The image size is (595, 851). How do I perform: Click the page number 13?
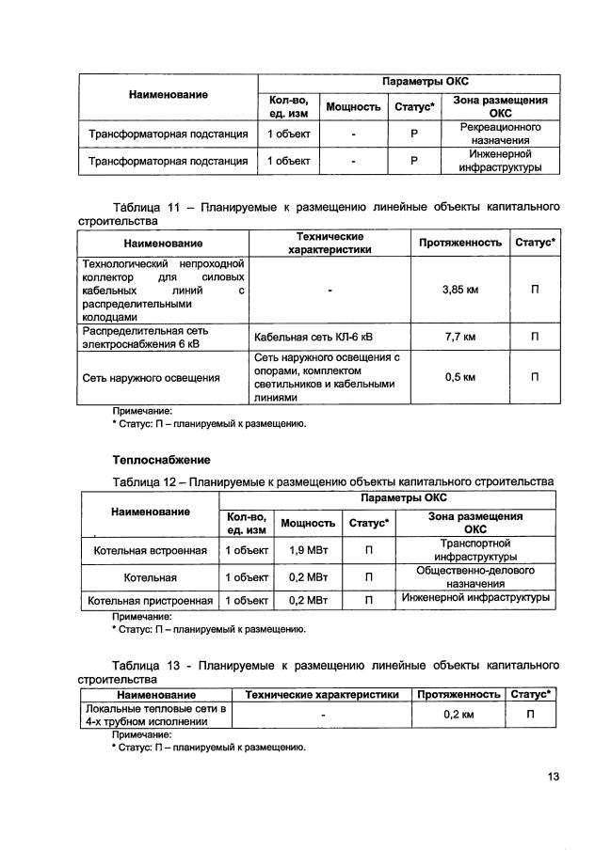click(553, 777)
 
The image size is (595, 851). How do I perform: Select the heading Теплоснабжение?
click(161, 460)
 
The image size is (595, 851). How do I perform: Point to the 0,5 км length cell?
click(460, 378)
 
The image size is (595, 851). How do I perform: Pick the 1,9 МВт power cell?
click(308, 549)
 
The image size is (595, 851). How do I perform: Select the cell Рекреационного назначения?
click(499, 133)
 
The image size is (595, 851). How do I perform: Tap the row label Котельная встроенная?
click(147, 549)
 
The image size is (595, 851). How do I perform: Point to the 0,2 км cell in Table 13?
click(458, 716)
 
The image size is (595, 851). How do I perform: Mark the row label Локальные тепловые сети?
click(154, 715)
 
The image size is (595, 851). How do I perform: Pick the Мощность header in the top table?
click(353, 106)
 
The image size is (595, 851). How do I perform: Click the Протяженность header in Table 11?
click(460, 243)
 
